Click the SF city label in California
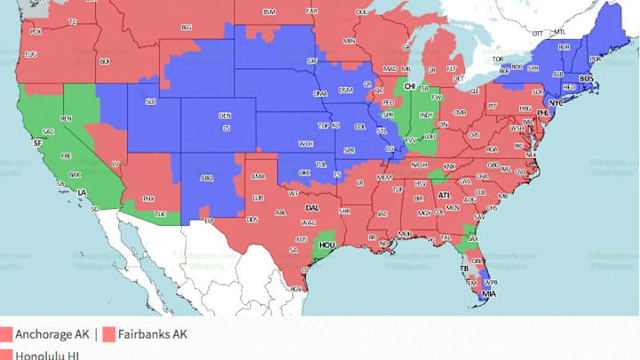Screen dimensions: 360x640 (36, 142)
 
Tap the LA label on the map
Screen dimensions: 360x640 (82, 191)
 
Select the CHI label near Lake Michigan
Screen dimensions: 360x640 (410, 86)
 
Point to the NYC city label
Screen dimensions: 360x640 (556, 103)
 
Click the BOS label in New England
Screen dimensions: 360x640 (586, 79)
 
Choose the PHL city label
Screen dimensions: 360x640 (543, 114)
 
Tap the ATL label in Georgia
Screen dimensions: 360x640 (444, 194)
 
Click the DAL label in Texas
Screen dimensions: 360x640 (312, 207)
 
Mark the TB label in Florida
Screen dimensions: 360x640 (464, 268)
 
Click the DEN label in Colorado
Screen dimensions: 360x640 (224, 116)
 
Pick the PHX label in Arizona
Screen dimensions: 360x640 (148, 198)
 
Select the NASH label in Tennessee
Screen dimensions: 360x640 (420, 164)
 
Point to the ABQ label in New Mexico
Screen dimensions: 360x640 (206, 177)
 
